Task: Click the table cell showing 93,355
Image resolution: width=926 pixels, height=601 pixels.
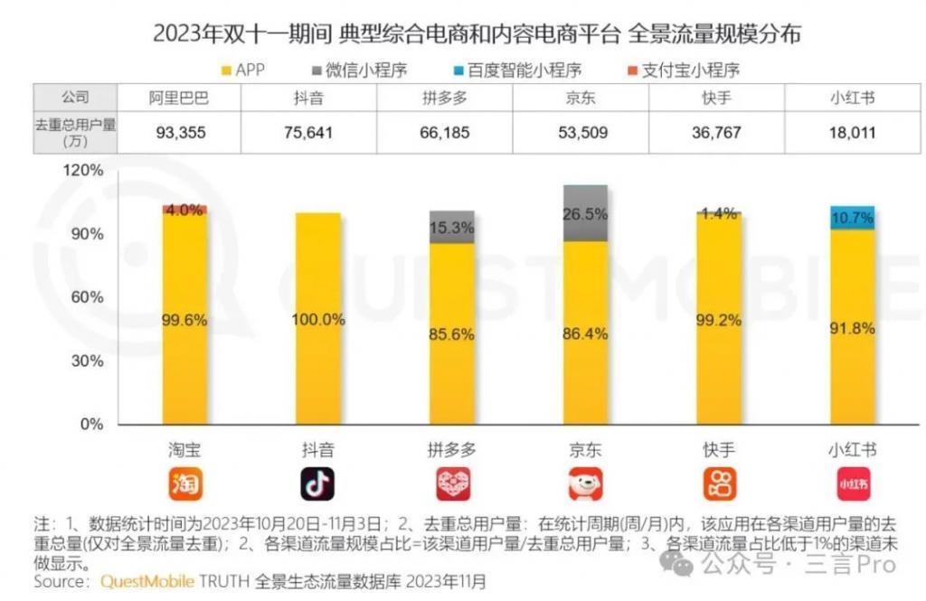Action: click(181, 133)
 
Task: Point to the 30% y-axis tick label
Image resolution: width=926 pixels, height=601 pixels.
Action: click(90, 361)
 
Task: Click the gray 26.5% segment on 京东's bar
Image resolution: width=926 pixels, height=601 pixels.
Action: click(585, 214)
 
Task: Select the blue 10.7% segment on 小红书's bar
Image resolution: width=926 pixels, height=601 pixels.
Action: click(852, 218)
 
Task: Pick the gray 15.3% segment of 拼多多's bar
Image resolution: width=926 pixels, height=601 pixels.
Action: click(451, 228)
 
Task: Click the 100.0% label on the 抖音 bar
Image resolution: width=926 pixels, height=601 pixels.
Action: click(317, 319)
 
